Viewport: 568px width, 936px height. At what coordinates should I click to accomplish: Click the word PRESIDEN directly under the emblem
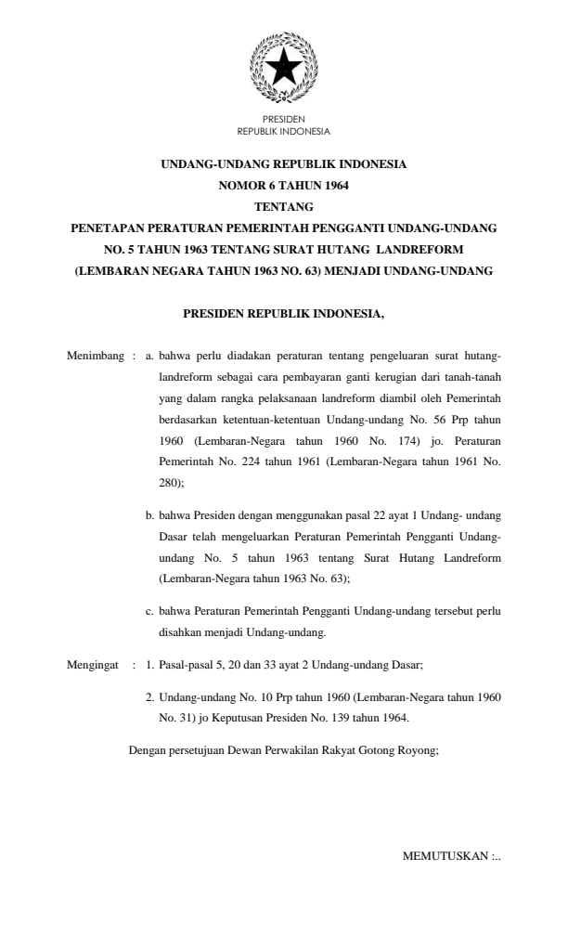click(283, 121)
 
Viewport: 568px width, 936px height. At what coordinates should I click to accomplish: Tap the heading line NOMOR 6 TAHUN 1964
click(283, 185)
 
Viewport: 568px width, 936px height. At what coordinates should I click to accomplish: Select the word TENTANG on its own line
click(283, 206)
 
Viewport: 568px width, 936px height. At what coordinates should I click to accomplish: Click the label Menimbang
click(96, 355)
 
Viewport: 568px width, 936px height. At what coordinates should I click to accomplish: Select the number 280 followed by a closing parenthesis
click(172, 483)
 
